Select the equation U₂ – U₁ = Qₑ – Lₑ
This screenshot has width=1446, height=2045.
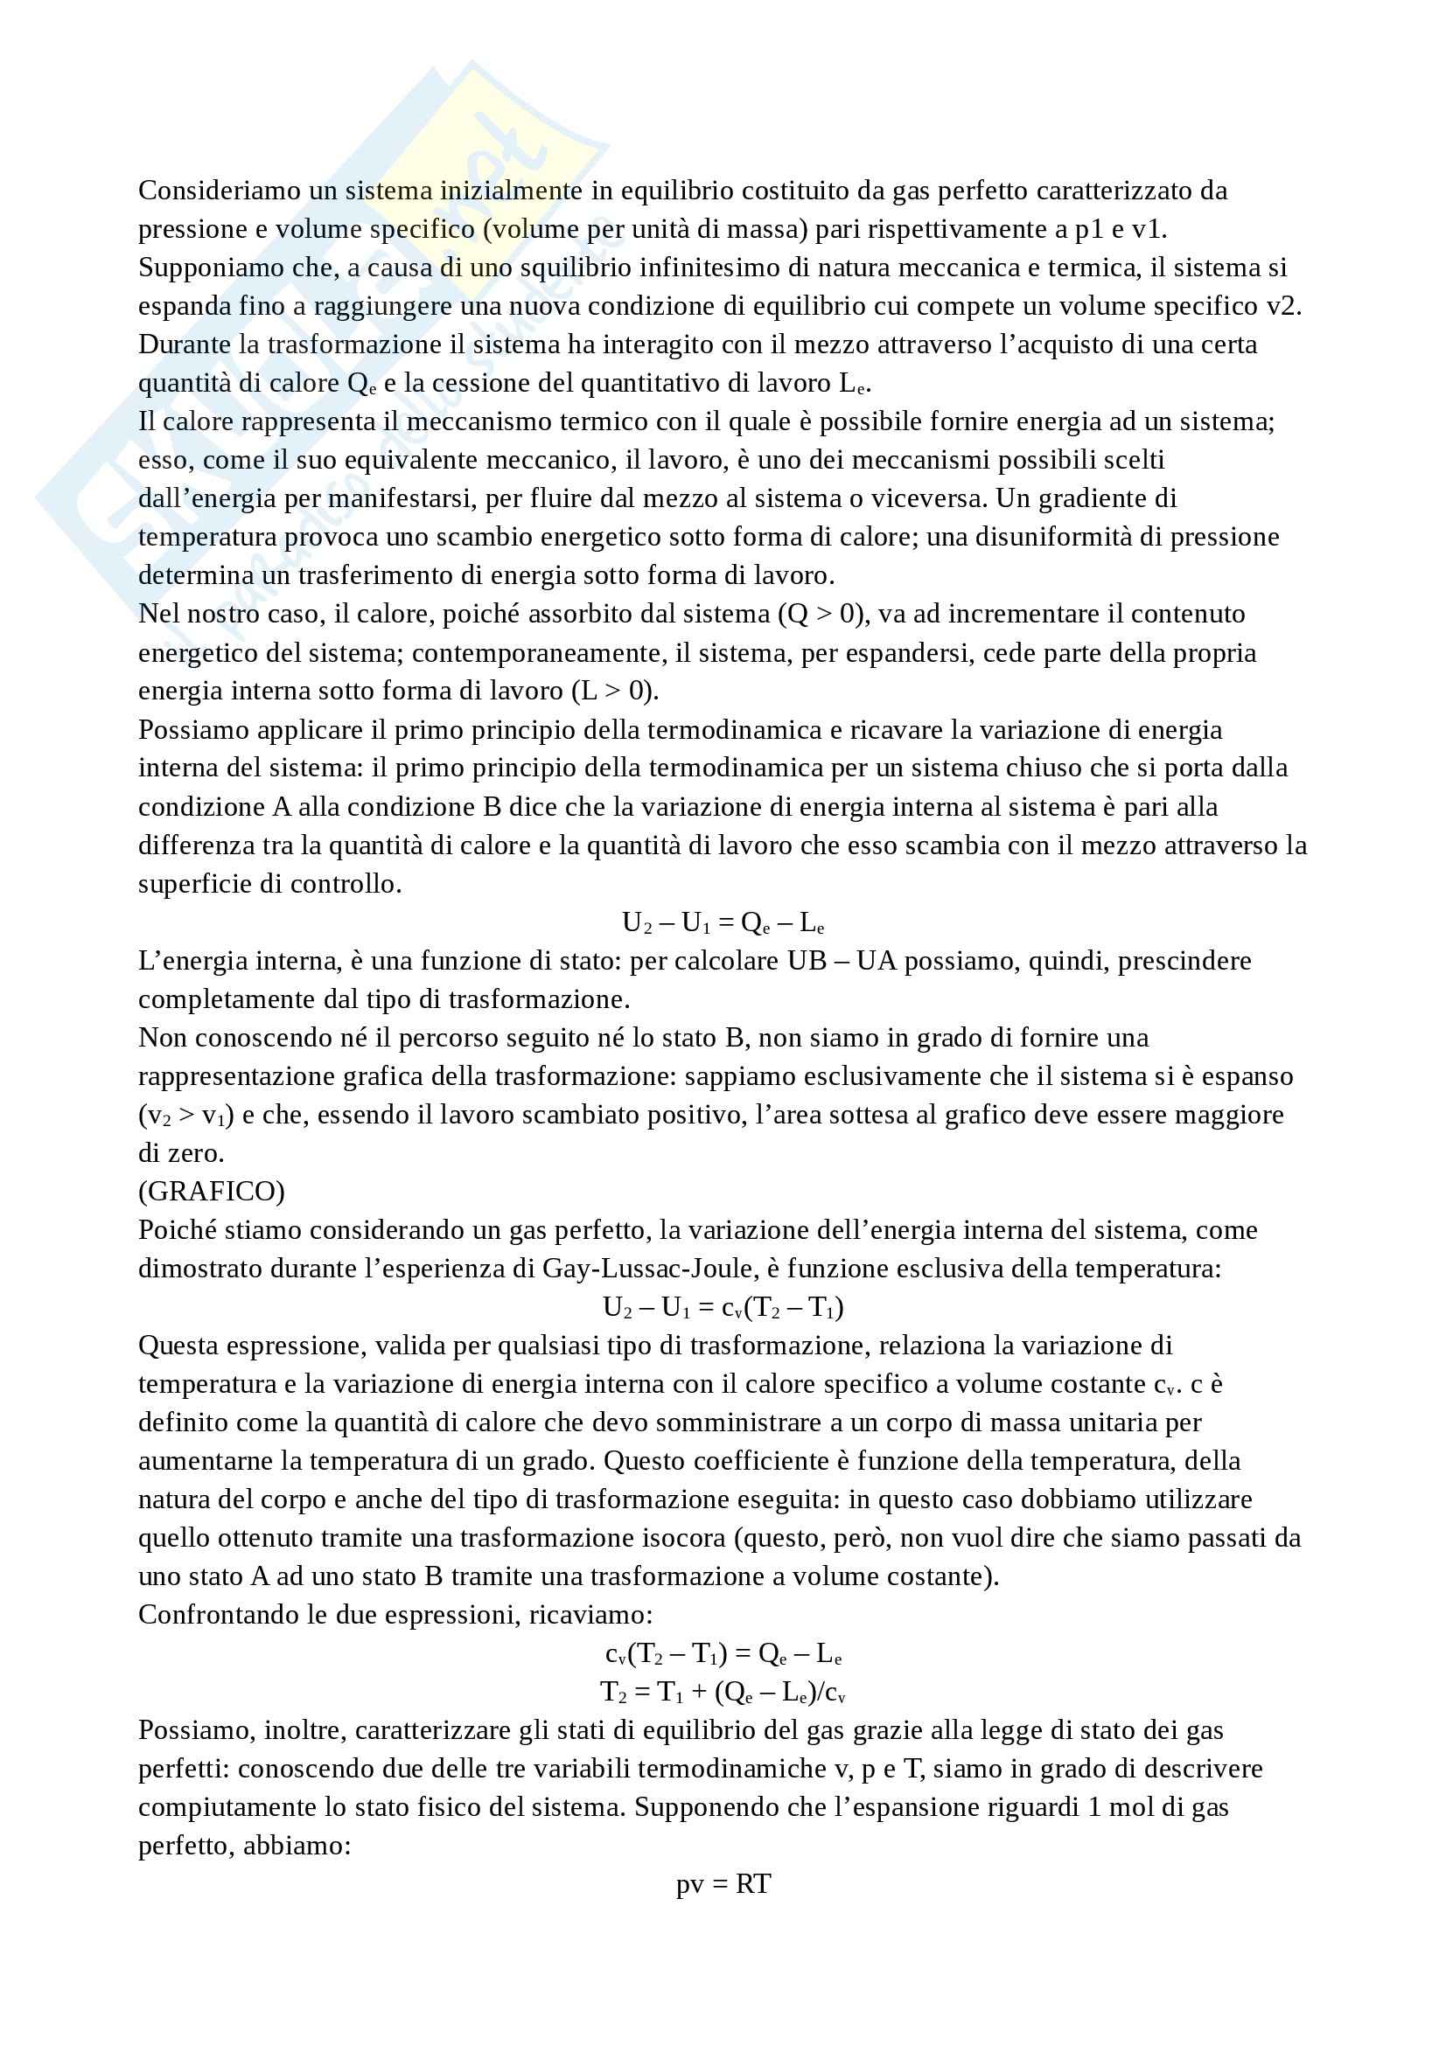tap(723, 922)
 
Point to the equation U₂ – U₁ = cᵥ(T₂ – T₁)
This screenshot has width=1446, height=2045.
tap(723, 1307)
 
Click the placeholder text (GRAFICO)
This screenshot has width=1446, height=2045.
tap(211, 1192)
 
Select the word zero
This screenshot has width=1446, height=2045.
tap(195, 1153)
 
